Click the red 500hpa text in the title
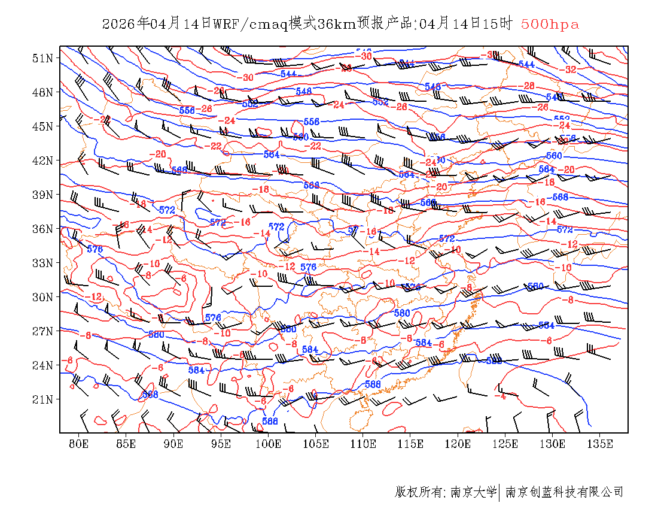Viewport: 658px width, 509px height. [550, 24]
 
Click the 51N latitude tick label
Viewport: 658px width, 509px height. [42, 58]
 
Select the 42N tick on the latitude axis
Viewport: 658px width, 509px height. [42, 160]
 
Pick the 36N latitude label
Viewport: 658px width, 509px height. [42, 229]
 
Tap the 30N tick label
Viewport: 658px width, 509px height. [42, 297]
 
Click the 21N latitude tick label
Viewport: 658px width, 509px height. [42, 399]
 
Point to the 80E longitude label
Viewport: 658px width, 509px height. [79, 444]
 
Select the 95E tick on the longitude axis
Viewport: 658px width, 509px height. [221, 444]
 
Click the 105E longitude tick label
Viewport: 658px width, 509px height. [316, 444]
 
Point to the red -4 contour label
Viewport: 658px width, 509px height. [501, 396]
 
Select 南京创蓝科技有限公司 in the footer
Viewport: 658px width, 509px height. [565, 492]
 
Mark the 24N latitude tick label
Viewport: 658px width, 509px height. [42, 365]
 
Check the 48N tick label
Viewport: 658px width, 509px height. [42, 92]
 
